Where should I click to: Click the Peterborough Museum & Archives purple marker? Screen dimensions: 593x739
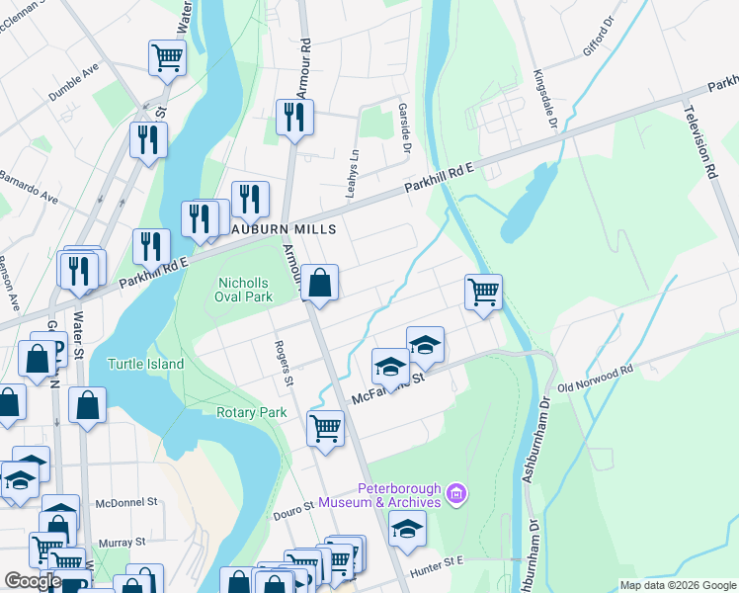pos(455,492)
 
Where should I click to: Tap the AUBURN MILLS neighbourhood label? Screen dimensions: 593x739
pos(284,229)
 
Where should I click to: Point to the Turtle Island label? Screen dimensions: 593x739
pos(145,364)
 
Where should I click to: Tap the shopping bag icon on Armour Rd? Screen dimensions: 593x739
pos(320,284)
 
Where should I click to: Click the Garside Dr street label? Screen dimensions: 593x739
pos(404,128)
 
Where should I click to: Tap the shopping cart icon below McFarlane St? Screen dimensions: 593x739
pos(326,429)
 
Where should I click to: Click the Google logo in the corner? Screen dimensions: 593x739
pos(33,581)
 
